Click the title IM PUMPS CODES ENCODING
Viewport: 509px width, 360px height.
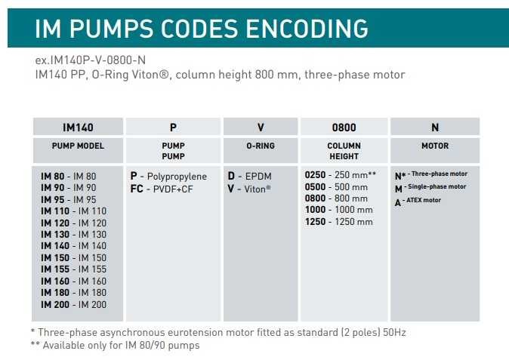click(x=202, y=29)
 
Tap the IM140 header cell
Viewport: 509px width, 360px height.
click(x=79, y=128)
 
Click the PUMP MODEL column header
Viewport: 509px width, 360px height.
click(x=79, y=146)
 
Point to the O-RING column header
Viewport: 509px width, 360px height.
click(x=261, y=146)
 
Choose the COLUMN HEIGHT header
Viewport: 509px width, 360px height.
click(x=344, y=151)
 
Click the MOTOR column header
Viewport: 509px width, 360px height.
click(x=434, y=146)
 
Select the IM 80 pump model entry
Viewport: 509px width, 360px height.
click(x=69, y=176)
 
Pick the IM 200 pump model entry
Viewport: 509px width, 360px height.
click(x=73, y=304)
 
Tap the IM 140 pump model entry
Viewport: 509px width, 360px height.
click(x=73, y=245)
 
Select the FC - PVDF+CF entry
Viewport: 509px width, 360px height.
click(x=162, y=189)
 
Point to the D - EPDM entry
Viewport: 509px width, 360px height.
click(x=249, y=175)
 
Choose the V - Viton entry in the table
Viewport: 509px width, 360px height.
click(x=249, y=189)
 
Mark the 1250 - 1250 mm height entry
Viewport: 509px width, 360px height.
click(x=338, y=222)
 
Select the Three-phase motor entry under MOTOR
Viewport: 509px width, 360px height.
click(x=431, y=174)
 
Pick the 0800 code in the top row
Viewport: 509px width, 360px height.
click(x=344, y=128)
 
